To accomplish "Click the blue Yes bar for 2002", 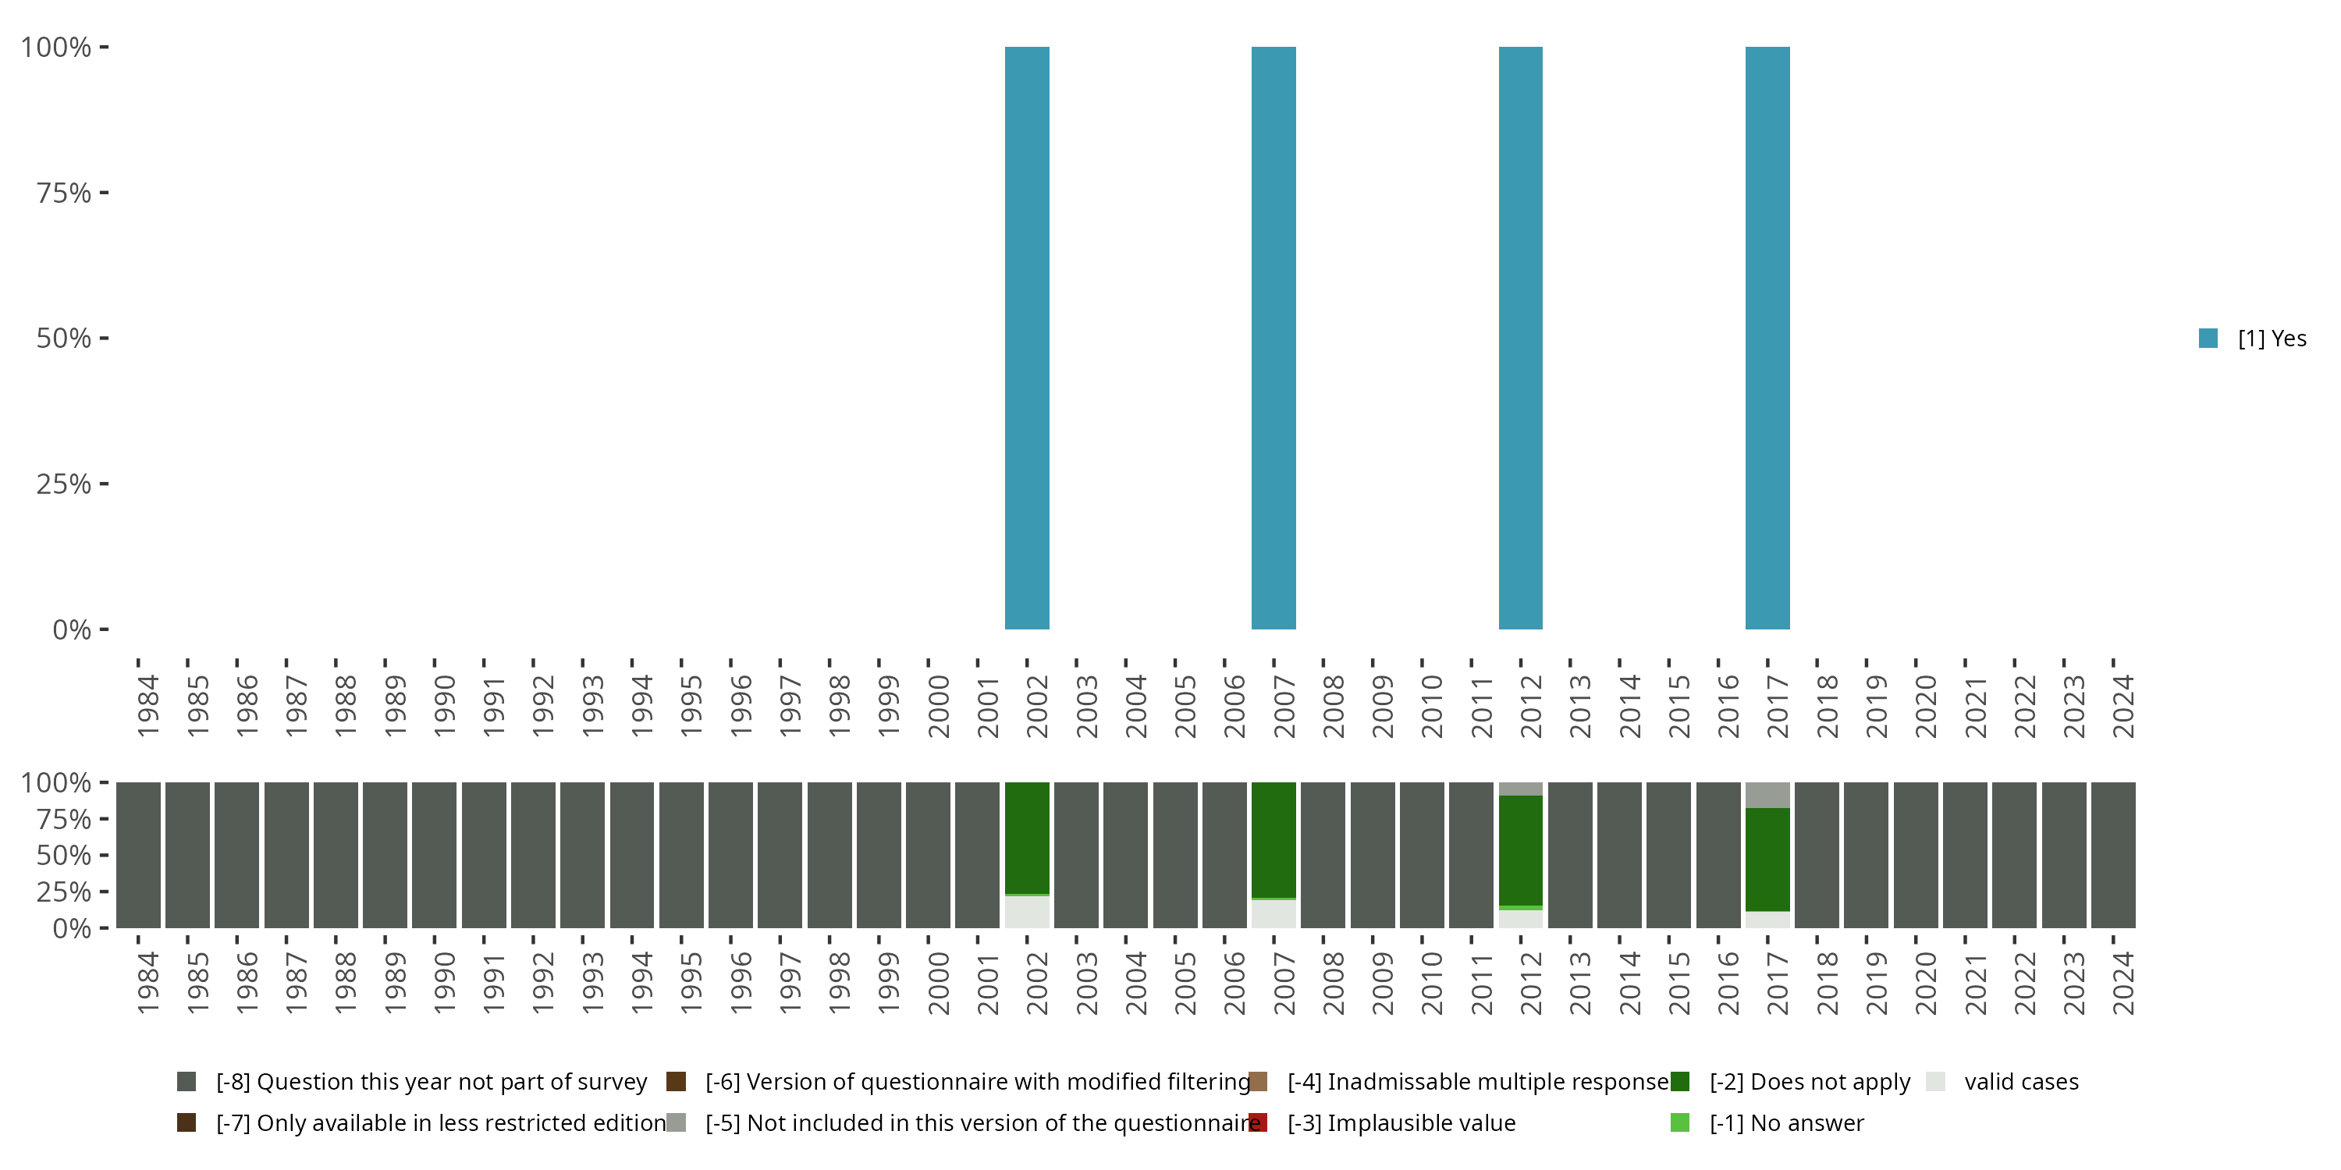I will click(x=1027, y=338).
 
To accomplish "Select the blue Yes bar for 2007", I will click(x=1274, y=338).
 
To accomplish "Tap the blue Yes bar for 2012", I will click(x=1520, y=338).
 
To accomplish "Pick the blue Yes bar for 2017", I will click(x=1767, y=338).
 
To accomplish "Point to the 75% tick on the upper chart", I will click(x=64, y=193).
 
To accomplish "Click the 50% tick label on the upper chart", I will click(x=64, y=338).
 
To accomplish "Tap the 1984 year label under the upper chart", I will click(x=147, y=706).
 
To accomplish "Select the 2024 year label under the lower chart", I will click(x=2123, y=984).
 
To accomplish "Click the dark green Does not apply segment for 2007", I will click(x=1274, y=840).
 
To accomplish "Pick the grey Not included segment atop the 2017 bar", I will click(x=1767, y=795).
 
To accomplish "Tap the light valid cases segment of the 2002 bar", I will click(x=1027, y=912).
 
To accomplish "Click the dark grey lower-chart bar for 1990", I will click(x=435, y=855).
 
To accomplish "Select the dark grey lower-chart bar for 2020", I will click(x=1916, y=855).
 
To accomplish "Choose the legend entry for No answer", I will click(x=1785, y=1122).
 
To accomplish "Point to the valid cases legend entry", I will click(x=2020, y=1082).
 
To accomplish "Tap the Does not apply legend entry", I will click(x=1809, y=1082).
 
